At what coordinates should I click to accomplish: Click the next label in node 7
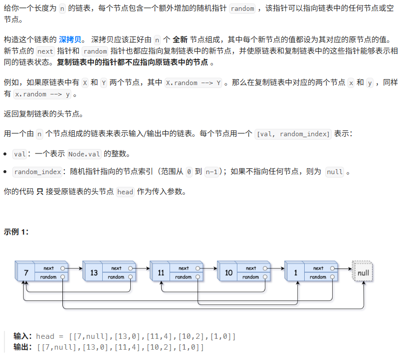49,268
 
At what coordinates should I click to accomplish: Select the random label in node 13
116,277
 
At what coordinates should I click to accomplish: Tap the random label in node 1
318,277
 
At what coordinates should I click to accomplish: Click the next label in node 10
251,268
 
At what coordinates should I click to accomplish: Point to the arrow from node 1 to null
344,269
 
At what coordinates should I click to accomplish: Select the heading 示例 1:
16,231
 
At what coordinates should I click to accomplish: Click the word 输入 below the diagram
23,336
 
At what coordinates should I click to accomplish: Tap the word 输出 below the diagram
23,347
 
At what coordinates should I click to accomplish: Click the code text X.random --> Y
194,83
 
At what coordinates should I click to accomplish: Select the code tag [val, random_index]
293,134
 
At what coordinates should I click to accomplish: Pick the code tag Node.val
85,154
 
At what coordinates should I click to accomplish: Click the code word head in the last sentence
125,192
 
